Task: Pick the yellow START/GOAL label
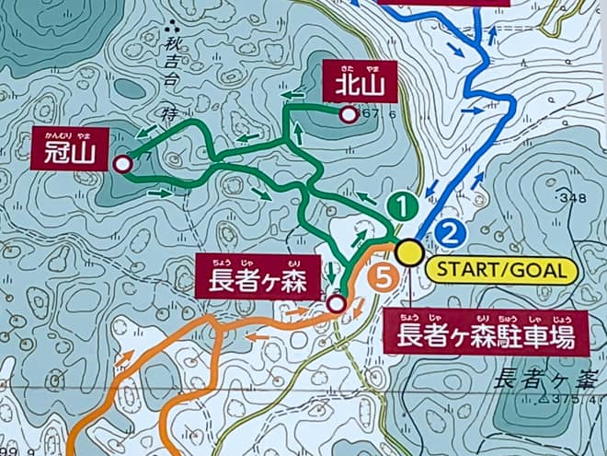[x=502, y=270]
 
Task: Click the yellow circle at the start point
[x=409, y=251]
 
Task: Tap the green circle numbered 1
[x=400, y=206]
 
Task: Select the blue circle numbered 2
[x=449, y=232]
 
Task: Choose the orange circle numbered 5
[x=384, y=274]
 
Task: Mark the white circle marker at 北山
[x=348, y=115]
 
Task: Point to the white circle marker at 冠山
[x=121, y=164]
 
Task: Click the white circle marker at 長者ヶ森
[x=336, y=303]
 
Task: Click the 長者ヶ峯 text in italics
[x=547, y=378]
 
